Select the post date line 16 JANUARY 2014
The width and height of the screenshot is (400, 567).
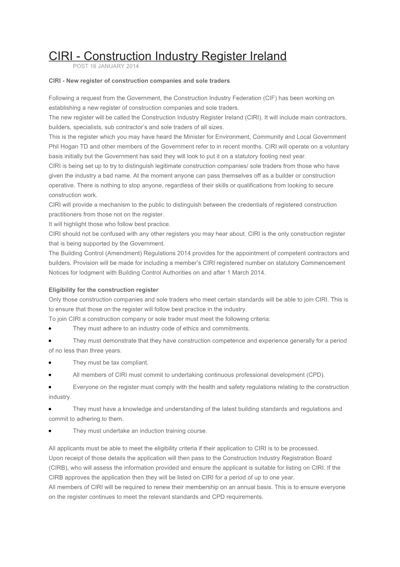pos(106,66)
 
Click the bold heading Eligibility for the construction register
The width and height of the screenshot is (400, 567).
pos(104,290)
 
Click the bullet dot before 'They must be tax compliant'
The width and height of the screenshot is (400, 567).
pos(51,363)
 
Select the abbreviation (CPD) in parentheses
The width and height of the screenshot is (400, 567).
pos(316,375)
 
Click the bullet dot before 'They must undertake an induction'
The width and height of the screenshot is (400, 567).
pos(51,431)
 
